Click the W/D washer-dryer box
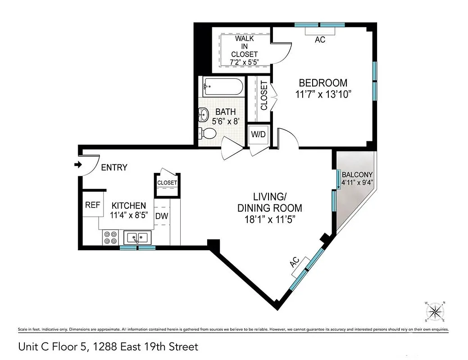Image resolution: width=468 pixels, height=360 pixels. [258, 134]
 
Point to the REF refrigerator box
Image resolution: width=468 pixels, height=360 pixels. [92, 205]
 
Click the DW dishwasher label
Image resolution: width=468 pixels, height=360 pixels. [162, 216]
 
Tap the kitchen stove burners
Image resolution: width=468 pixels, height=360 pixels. [110, 237]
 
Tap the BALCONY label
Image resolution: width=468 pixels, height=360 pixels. [357, 175]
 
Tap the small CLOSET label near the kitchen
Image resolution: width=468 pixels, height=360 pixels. [167, 183]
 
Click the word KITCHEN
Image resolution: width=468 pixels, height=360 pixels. [128, 205]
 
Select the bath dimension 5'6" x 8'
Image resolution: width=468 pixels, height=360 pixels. [225, 121]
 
